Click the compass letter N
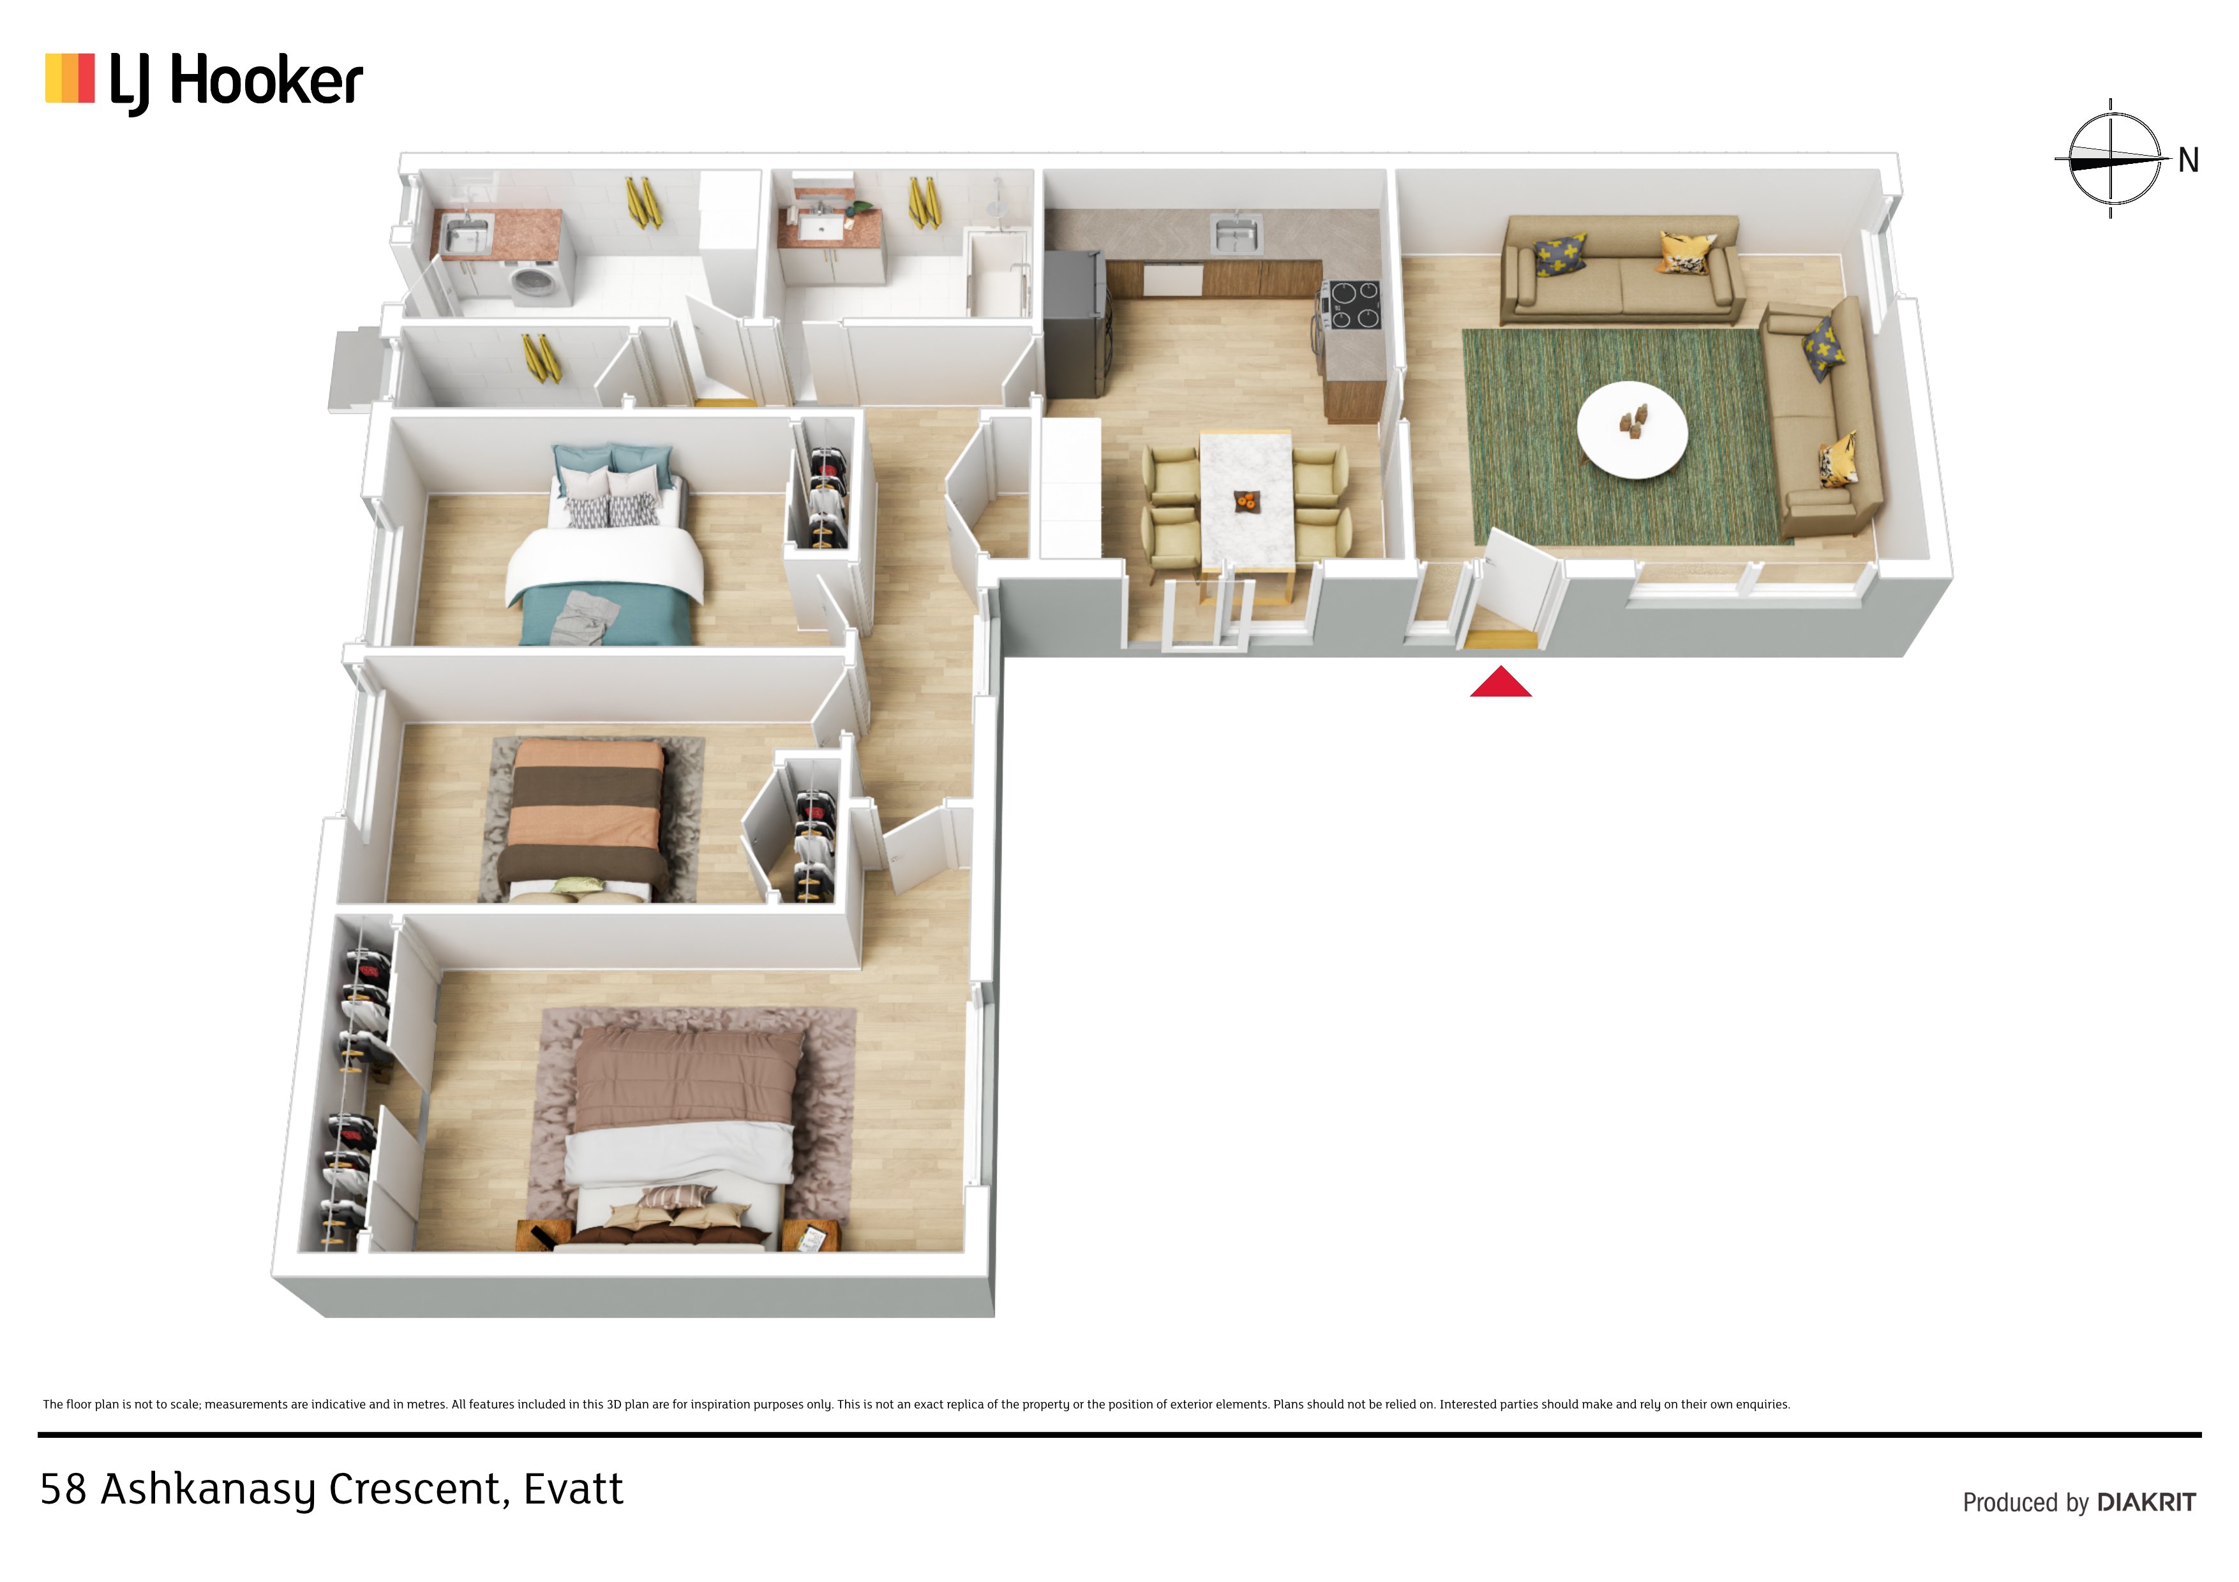(2189, 160)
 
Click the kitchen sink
(1236, 234)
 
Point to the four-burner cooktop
(1352, 304)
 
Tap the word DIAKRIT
(2146, 1502)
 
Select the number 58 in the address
(63, 1490)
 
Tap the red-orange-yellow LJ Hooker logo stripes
(70, 78)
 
